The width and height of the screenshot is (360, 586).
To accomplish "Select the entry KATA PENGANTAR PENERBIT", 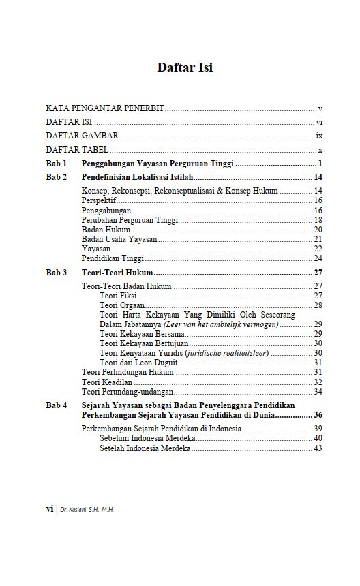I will coord(105,108).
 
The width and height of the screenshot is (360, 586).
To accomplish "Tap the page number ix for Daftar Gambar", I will coord(318,136).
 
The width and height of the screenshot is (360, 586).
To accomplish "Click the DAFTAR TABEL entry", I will coord(77,150).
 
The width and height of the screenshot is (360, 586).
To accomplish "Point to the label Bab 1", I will coord(57,164).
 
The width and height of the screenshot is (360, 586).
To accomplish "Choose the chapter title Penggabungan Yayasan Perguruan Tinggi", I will coord(157,164).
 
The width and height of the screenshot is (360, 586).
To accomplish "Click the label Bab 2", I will coord(57,177).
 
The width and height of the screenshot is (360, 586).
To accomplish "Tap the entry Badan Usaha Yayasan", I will coord(119,239).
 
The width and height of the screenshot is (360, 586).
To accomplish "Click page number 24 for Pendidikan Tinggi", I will coord(318,258).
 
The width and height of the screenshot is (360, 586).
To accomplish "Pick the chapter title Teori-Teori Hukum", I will coord(117,273).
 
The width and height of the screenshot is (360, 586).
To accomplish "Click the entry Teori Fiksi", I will coord(118,296).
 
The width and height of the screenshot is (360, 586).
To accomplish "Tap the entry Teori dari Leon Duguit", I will coord(140,363).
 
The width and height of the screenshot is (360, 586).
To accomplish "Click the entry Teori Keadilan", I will coord(107,382).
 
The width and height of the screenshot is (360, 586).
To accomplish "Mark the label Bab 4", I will coord(57,405).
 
